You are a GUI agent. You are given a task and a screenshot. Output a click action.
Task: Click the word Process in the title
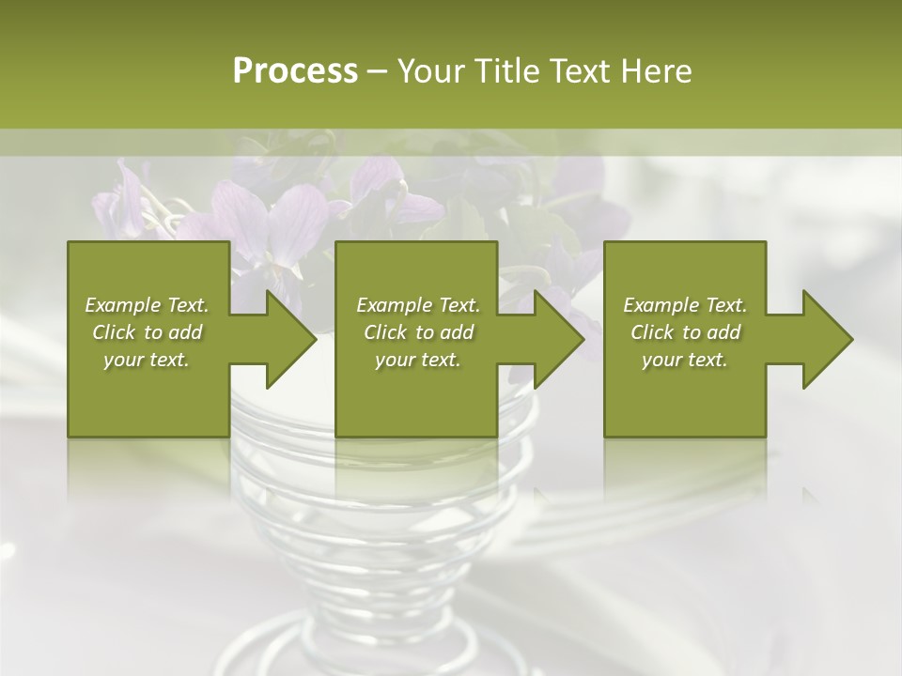(x=295, y=71)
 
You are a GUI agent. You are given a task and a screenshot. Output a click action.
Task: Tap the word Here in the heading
(x=656, y=71)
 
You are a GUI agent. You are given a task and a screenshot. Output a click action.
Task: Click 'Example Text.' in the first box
(x=147, y=305)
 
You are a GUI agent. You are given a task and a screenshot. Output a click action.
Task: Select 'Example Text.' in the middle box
(x=418, y=305)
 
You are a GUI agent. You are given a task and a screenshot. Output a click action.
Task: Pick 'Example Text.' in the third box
(x=685, y=305)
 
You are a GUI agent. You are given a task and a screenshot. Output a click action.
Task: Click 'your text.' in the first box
(x=147, y=360)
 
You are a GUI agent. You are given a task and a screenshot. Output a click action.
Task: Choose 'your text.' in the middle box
(x=418, y=360)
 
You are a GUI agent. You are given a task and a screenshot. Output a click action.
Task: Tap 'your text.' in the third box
(x=685, y=360)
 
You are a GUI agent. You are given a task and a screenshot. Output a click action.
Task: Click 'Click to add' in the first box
(x=147, y=332)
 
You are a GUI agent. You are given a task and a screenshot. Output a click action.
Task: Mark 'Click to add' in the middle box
(x=418, y=332)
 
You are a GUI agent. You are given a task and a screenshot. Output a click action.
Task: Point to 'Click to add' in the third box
(x=685, y=332)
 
